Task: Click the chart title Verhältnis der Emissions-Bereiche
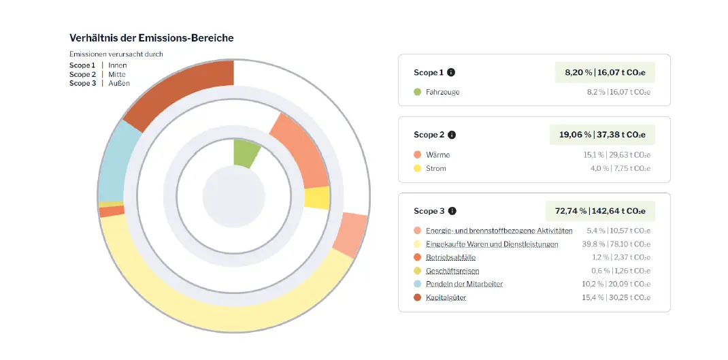click(151, 38)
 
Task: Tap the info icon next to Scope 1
click(451, 72)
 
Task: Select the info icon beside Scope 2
click(452, 135)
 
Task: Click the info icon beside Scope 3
click(452, 211)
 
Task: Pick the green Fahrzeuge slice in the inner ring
click(244, 152)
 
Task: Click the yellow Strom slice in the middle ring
click(316, 198)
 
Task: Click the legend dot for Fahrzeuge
click(417, 92)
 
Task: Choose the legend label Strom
click(436, 168)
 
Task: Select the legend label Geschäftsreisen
click(452, 271)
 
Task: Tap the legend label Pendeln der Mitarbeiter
click(464, 284)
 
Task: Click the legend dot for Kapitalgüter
click(417, 297)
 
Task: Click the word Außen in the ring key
click(119, 83)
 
